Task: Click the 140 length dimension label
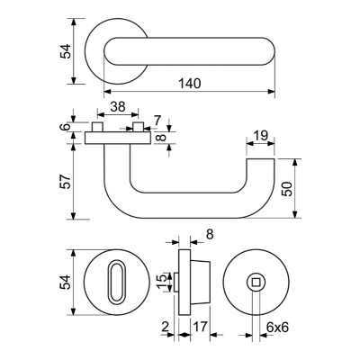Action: pyautogui.click(x=190, y=84)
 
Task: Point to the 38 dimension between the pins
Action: pyautogui.click(x=118, y=106)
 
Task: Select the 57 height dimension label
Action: pyautogui.click(x=66, y=182)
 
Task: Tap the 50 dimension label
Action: pyautogui.click(x=287, y=189)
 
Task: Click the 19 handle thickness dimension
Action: pyautogui.click(x=260, y=136)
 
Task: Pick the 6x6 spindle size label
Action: pyautogui.click(x=277, y=328)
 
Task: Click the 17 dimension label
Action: pyautogui.click(x=200, y=327)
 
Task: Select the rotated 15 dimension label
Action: pyautogui.click(x=162, y=282)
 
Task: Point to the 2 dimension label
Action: pyautogui.click(x=165, y=327)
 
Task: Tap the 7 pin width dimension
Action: pyautogui.click(x=157, y=121)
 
